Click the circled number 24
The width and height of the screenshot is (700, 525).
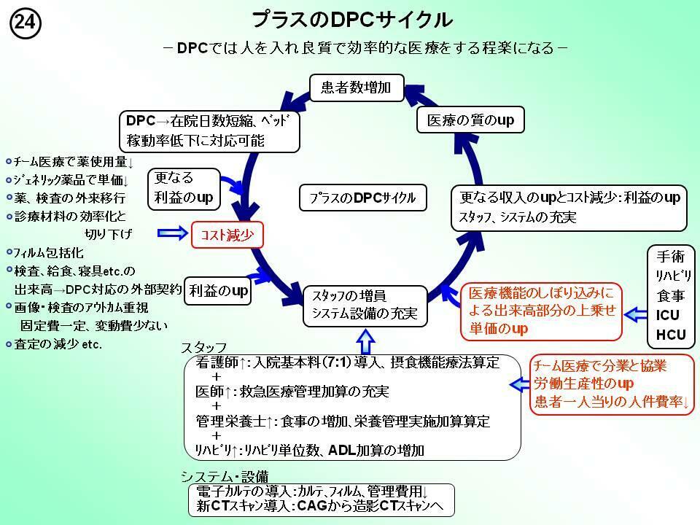point(25,23)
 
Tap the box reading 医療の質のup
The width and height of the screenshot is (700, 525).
point(470,120)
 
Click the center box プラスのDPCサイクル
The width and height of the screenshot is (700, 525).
point(362,198)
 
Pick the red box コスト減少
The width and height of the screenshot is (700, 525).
point(227,234)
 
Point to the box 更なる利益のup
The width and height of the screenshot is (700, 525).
point(184,187)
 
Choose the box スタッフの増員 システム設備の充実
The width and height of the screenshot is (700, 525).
point(364,306)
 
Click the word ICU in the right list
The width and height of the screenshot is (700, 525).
point(668,315)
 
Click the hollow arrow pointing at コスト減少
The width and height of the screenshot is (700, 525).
point(172,233)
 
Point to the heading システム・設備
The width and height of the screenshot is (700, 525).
point(224,476)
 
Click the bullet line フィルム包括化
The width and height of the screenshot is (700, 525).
point(49,253)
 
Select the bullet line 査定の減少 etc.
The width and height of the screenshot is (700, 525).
point(58,343)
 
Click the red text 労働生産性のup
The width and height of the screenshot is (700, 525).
point(583,383)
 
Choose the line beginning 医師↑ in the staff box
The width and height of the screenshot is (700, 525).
point(292,392)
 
